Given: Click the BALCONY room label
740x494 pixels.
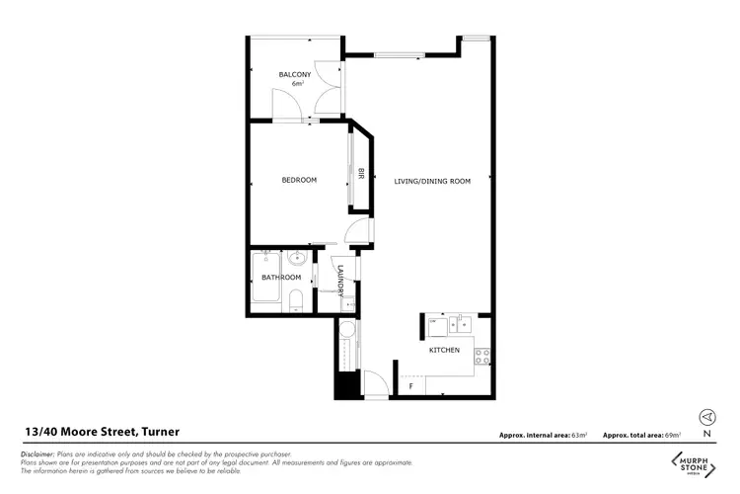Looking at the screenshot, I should pyautogui.click(x=295, y=75).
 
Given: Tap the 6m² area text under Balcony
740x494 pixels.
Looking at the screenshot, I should pyautogui.click(x=296, y=84).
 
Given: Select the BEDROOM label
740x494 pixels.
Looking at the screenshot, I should pyautogui.click(x=299, y=180).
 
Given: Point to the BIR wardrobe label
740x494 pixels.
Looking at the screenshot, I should pyautogui.click(x=361, y=174).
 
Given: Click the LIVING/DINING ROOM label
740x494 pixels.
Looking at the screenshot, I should pyautogui.click(x=432, y=181).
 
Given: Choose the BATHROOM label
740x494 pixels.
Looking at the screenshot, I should pyautogui.click(x=280, y=278).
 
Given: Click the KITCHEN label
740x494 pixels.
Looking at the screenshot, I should pyautogui.click(x=444, y=350).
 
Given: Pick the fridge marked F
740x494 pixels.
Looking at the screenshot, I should pyautogui.click(x=410, y=386).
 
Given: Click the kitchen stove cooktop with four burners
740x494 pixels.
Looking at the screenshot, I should pyautogui.click(x=482, y=354).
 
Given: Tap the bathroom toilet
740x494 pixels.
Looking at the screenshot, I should pyautogui.click(x=295, y=301).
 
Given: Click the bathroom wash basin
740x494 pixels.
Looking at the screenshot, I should pyautogui.click(x=296, y=261).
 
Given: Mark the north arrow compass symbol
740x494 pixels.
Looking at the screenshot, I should pyautogui.click(x=706, y=417).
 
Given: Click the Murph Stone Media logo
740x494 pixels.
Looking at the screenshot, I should pyautogui.click(x=695, y=461).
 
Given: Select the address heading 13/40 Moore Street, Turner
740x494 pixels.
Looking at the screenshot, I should pyautogui.click(x=102, y=432).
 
